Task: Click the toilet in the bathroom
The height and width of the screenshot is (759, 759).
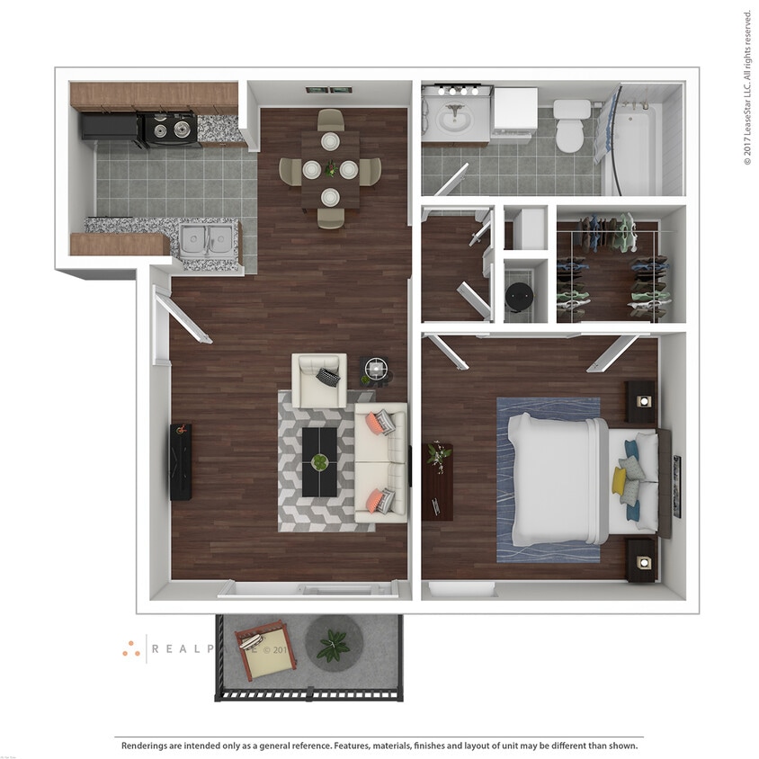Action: tap(570, 126)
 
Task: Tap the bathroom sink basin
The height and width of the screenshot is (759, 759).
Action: tap(455, 118)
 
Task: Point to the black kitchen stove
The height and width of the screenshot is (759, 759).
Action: tap(170, 129)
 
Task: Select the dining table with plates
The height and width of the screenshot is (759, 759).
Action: tap(330, 168)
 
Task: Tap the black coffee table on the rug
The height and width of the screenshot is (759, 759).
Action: tap(319, 461)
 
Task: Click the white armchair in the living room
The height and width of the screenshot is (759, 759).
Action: tap(318, 379)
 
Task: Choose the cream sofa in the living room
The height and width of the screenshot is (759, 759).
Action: tap(381, 462)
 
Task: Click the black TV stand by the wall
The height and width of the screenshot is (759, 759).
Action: tap(181, 461)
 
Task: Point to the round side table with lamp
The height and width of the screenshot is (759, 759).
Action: tap(376, 368)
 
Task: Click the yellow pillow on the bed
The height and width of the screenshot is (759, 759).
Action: tap(620, 481)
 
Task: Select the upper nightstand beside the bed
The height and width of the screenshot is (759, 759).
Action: tap(641, 401)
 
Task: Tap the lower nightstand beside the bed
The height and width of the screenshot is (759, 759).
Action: tap(641, 560)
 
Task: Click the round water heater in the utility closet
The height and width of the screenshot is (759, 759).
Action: tap(520, 294)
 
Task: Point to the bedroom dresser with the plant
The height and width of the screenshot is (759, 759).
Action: tap(438, 481)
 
